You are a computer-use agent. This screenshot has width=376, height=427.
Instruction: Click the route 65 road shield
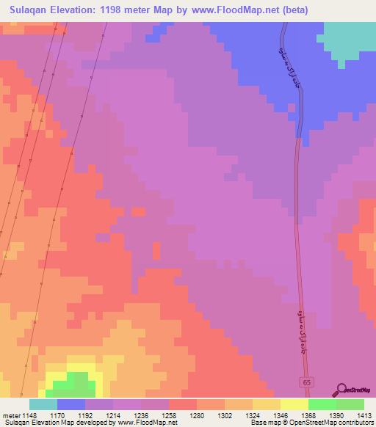[308, 383]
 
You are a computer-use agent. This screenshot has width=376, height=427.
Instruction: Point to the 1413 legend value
[364, 415]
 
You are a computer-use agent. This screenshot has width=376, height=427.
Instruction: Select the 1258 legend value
[169, 415]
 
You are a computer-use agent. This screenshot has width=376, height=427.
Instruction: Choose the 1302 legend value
[225, 415]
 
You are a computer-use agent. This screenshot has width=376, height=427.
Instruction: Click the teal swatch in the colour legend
[43, 404]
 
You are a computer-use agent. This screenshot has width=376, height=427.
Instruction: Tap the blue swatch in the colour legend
[70, 404]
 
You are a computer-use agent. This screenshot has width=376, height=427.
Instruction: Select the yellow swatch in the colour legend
[294, 404]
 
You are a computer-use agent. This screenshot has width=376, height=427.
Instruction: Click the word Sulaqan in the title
[29, 10]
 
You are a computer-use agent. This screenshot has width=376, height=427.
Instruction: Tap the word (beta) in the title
[292, 10]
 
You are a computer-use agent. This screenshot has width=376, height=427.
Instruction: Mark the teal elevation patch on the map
[350, 40]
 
